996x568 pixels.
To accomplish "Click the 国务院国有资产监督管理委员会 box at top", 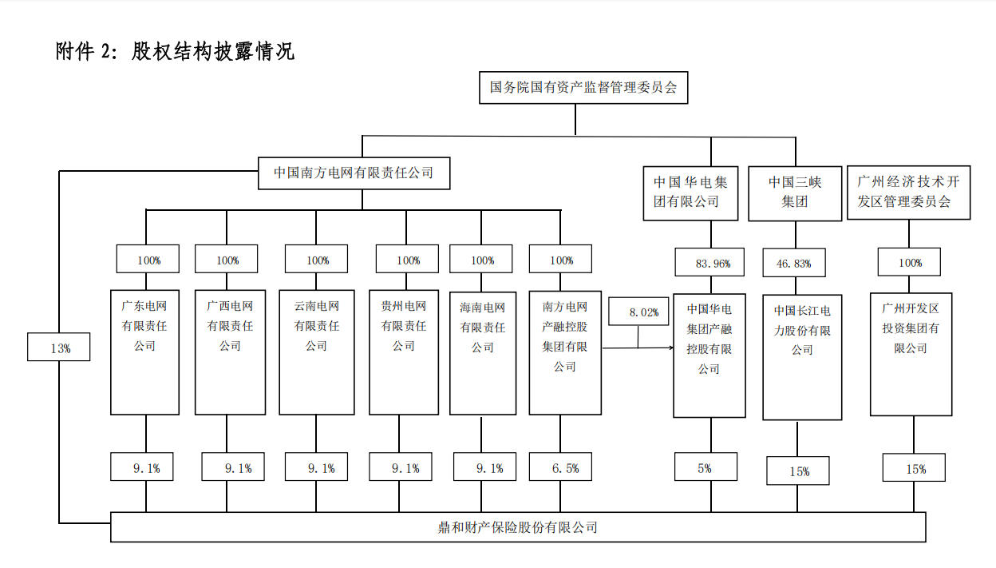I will (583, 87).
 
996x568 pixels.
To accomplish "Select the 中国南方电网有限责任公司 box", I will (354, 173).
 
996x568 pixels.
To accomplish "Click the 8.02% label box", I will (638, 312).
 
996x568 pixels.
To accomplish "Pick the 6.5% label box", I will (565, 468).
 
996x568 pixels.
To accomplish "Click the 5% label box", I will (705, 468).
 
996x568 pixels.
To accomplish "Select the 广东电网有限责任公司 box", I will (144, 352).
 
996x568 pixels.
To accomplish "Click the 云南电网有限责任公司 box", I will (317, 352).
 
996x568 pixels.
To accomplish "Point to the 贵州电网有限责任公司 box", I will (404, 352).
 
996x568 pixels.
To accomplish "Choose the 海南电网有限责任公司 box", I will (482, 352).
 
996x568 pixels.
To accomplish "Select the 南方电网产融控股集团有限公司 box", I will (565, 352).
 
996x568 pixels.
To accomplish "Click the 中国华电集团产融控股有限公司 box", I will (709, 355).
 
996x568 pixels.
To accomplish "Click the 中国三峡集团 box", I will (795, 192).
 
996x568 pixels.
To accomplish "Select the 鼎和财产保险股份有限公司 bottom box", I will (518, 527).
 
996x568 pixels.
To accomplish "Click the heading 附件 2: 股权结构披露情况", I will (175, 52).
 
